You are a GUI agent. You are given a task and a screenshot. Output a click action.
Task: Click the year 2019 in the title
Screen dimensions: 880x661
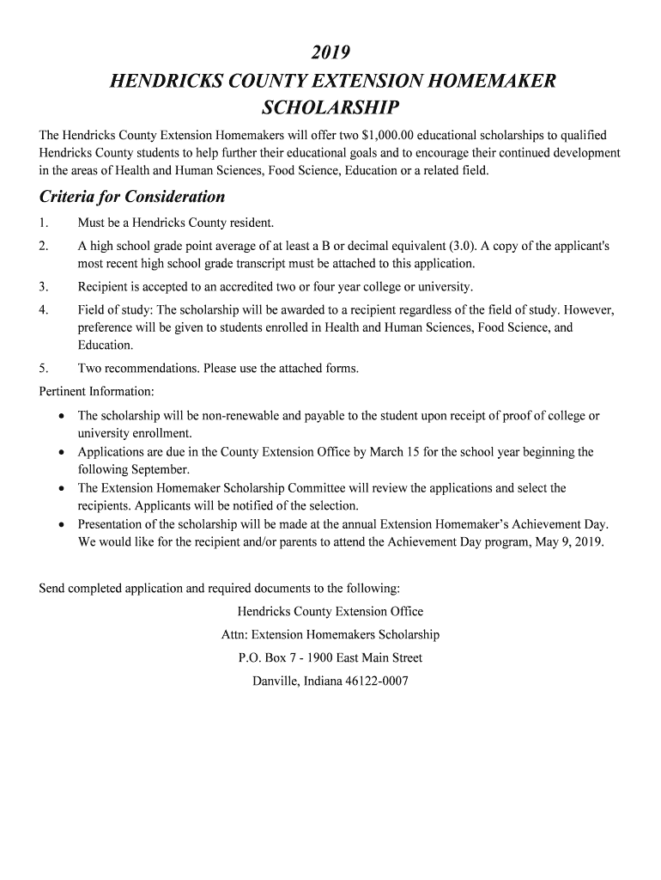coord(330,54)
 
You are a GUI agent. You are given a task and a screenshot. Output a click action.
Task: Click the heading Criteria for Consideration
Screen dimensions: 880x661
coord(132,197)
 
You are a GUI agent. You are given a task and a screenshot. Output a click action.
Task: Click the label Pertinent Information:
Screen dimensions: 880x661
coord(97,392)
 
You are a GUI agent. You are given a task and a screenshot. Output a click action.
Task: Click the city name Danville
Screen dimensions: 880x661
coord(277,681)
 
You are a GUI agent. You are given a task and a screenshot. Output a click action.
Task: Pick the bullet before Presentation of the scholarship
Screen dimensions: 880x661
coord(61,524)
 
